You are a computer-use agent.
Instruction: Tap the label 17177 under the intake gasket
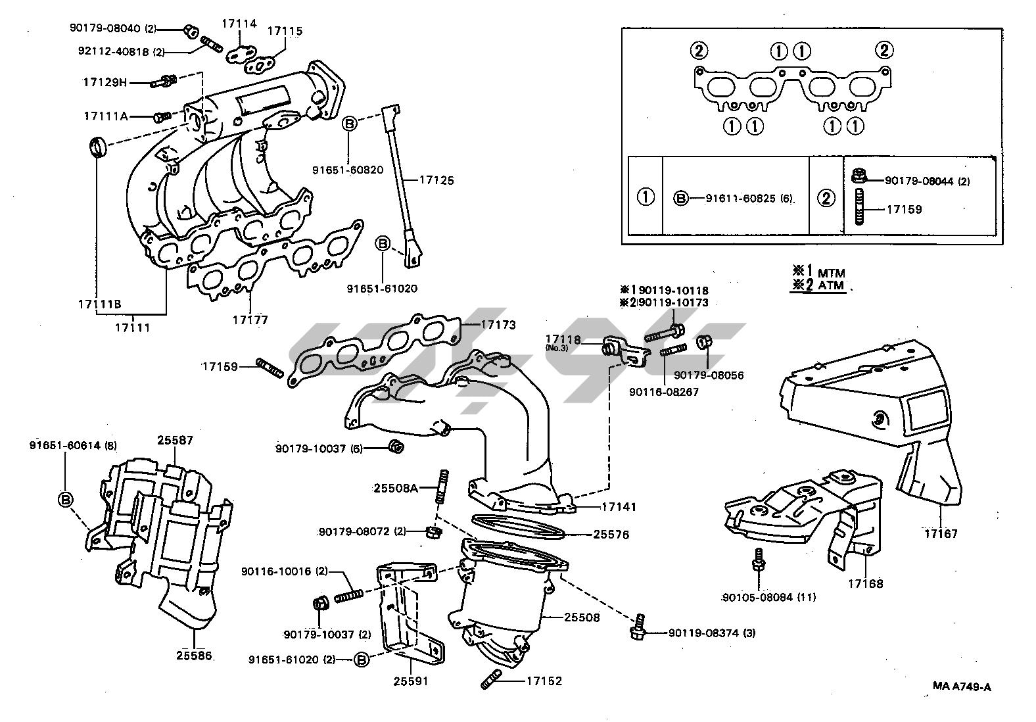pyautogui.click(x=250, y=320)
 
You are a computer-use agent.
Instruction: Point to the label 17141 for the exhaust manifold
pyautogui.click(x=619, y=508)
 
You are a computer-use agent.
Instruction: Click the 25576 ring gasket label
pyautogui.click(x=611, y=535)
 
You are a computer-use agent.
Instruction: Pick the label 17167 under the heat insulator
pyautogui.click(x=941, y=534)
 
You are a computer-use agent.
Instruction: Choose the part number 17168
pyautogui.click(x=865, y=583)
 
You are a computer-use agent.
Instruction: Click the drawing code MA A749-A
pyautogui.click(x=962, y=687)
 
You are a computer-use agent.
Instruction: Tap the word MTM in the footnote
pyautogui.click(x=832, y=273)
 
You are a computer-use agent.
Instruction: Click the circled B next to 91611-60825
pyautogui.click(x=681, y=198)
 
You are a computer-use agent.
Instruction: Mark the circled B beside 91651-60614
pyautogui.click(x=66, y=500)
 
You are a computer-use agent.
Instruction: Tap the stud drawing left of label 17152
pyautogui.click(x=491, y=680)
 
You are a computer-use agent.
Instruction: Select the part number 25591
pyautogui.click(x=412, y=681)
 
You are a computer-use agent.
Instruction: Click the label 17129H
pyautogui.click(x=105, y=83)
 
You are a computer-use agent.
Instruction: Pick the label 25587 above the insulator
pyautogui.click(x=175, y=441)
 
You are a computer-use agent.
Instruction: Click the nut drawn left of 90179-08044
pyautogui.click(x=857, y=177)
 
